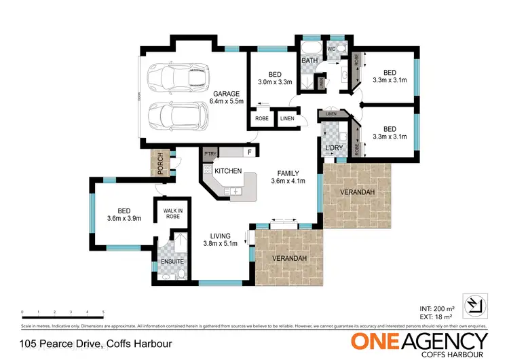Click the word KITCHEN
(x=228, y=171)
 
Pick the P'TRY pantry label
(x=210, y=153)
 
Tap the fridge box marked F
(x=250, y=153)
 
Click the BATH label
(x=309, y=61)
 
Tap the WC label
(x=333, y=49)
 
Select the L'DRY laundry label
(x=334, y=147)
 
